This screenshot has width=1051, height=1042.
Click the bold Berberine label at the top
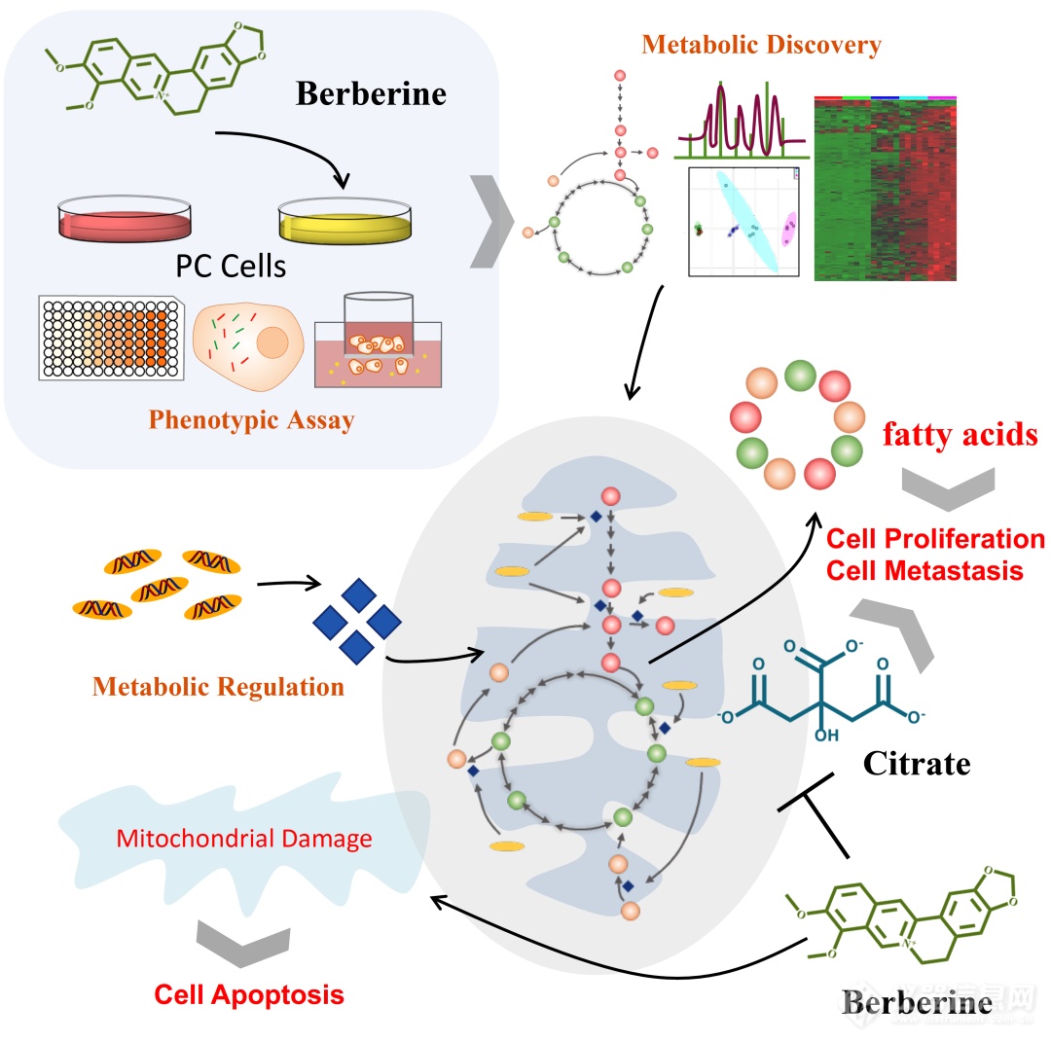point(371,93)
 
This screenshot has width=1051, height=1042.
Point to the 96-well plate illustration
point(110,336)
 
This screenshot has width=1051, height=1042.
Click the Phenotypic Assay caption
point(251,420)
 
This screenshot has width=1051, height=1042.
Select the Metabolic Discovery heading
point(761,45)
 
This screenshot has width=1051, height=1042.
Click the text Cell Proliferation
point(935,538)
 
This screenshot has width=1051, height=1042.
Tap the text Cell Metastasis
point(924,569)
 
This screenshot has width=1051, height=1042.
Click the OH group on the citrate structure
point(825,736)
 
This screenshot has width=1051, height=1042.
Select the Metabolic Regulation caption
point(218,687)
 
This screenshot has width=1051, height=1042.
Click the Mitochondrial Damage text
point(244,837)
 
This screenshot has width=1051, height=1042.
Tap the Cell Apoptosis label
point(249,994)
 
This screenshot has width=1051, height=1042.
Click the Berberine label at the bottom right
point(917,1004)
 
